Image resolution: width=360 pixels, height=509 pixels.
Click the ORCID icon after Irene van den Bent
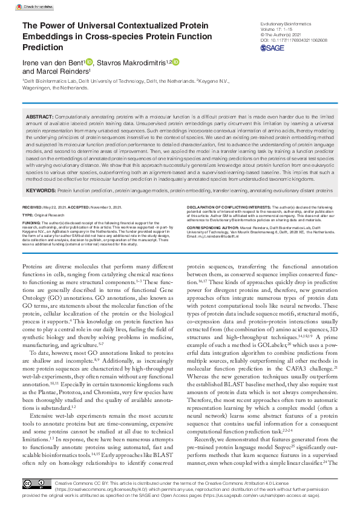[x=89, y=62]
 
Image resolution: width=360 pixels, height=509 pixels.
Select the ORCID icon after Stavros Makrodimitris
[x=176, y=62]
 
